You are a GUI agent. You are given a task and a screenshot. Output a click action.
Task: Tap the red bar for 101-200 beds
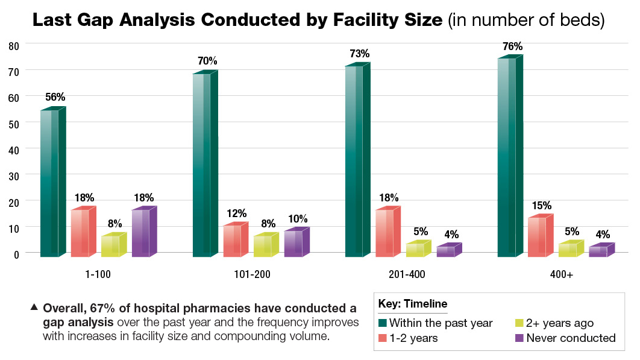click(x=233, y=241)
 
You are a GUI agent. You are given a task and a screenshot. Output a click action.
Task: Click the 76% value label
click(x=512, y=46)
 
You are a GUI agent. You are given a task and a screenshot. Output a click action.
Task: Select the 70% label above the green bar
click(x=207, y=61)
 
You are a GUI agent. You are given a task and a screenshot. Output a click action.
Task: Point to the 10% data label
click(x=298, y=218)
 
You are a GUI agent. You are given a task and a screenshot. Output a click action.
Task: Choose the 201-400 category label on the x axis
click(x=407, y=274)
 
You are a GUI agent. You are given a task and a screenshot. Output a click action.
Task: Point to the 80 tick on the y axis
click(x=14, y=45)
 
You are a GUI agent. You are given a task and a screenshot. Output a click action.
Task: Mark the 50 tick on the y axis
click(x=14, y=123)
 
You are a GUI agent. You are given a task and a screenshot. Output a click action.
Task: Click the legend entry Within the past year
click(x=441, y=323)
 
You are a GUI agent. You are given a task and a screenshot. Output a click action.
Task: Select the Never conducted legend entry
click(x=571, y=338)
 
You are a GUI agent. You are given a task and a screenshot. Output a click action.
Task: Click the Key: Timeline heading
click(x=413, y=303)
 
